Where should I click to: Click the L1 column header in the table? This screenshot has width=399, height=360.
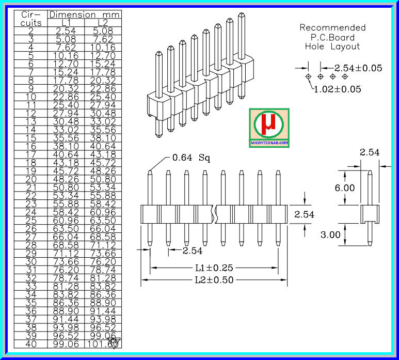(x=66, y=23)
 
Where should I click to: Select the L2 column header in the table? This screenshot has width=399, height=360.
(x=102, y=23)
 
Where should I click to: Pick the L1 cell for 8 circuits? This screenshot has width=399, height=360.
(x=66, y=80)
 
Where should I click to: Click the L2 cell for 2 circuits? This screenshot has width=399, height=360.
(x=102, y=30)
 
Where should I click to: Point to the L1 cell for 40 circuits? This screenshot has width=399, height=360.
(x=66, y=343)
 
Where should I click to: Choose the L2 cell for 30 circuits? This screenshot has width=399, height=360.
(x=102, y=261)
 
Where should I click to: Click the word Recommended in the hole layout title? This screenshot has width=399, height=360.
(x=332, y=27)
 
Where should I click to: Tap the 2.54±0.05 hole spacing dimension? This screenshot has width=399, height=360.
(x=358, y=68)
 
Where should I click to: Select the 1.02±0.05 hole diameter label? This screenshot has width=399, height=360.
(x=337, y=89)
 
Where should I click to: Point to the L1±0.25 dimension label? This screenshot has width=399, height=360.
(x=214, y=268)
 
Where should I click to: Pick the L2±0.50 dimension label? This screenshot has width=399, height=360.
(x=214, y=280)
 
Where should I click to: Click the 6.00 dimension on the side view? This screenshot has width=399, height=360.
(x=344, y=187)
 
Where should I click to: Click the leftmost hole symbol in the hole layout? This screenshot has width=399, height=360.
(x=308, y=76)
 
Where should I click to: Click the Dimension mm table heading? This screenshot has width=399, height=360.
(x=84, y=15)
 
